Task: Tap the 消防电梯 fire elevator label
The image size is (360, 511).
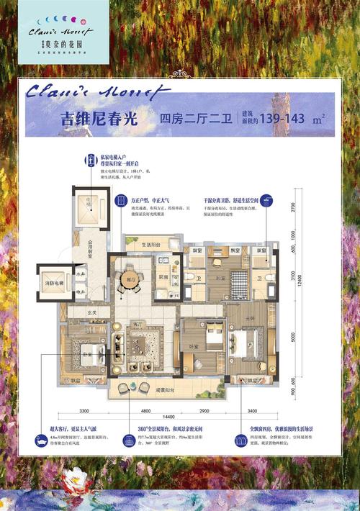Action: click(x=55, y=283)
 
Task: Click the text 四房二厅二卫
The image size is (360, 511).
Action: click(x=188, y=119)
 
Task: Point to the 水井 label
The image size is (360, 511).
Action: click(x=80, y=274)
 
